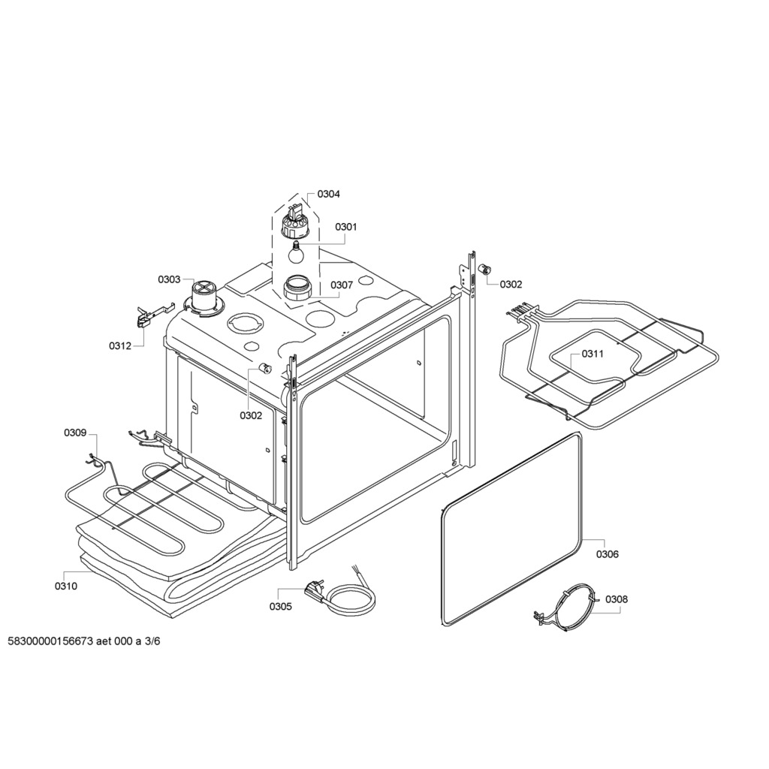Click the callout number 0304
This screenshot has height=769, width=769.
coord(328,195)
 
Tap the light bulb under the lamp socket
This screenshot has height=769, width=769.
coord(295,252)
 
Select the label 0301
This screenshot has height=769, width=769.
coord(345,227)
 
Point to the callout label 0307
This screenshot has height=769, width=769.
coord(342,285)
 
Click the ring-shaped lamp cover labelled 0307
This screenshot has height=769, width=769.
coord(297,287)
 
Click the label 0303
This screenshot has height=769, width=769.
coord(169,279)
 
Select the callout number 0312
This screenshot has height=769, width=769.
coord(120,346)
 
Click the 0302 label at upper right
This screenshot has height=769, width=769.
coord(511,285)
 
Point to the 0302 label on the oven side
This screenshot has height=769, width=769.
coord(251,416)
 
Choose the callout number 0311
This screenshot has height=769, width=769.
coord(593,354)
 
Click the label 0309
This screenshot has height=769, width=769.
coord(75,433)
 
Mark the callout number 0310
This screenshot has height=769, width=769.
coord(66,586)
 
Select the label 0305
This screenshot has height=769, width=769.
coord(281,607)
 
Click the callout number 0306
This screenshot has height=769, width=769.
coord(607,555)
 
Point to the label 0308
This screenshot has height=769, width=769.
coord(617,599)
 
